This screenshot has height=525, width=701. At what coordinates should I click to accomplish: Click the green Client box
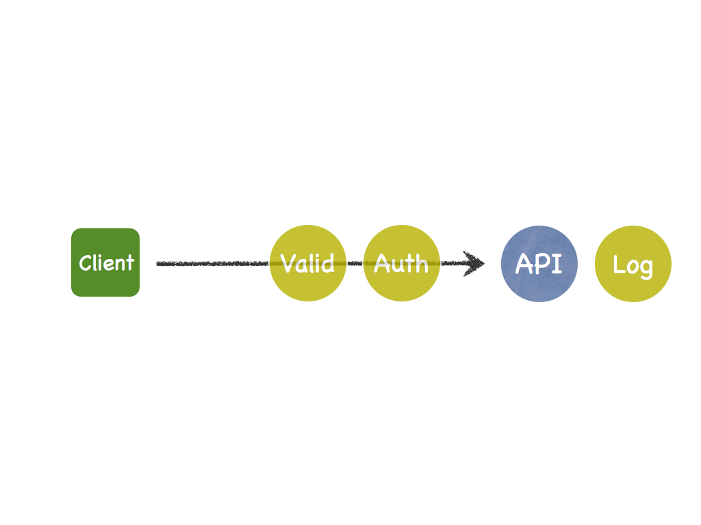(105, 262)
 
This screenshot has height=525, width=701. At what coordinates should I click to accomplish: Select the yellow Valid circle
(308, 263)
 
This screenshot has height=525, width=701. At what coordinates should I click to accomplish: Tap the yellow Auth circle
(401, 263)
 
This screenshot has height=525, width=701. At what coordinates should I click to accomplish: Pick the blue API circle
(539, 264)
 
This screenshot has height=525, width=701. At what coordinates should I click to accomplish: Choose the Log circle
(633, 264)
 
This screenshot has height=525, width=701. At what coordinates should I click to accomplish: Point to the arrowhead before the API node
(474, 263)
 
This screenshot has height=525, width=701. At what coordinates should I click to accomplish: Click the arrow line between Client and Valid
(213, 263)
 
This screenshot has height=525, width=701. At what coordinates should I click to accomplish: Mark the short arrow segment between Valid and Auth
(355, 263)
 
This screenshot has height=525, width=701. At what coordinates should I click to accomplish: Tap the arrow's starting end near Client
(157, 264)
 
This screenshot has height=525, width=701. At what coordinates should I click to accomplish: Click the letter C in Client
(85, 263)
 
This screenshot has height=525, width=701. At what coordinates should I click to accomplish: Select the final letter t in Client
(129, 262)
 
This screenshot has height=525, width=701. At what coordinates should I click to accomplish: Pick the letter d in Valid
(328, 263)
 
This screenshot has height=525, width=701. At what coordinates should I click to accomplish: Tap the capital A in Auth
(381, 262)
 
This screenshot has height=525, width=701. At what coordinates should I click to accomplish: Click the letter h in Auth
(422, 263)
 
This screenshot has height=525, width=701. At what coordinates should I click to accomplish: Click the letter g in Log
(646, 269)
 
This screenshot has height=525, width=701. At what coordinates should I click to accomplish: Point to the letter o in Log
(632, 267)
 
